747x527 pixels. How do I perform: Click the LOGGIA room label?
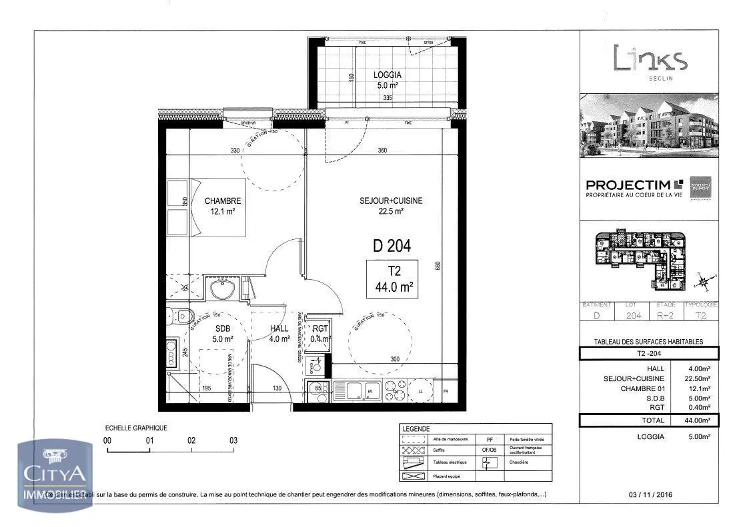click(x=387, y=76)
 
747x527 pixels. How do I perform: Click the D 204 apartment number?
click(x=392, y=246)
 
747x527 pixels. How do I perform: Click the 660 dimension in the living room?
click(x=438, y=266)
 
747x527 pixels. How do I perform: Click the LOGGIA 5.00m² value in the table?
click(x=696, y=437)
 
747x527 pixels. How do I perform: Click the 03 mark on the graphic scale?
click(x=233, y=440)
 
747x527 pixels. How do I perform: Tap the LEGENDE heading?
click(x=416, y=429)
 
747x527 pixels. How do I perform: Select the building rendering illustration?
click(x=649, y=125)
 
